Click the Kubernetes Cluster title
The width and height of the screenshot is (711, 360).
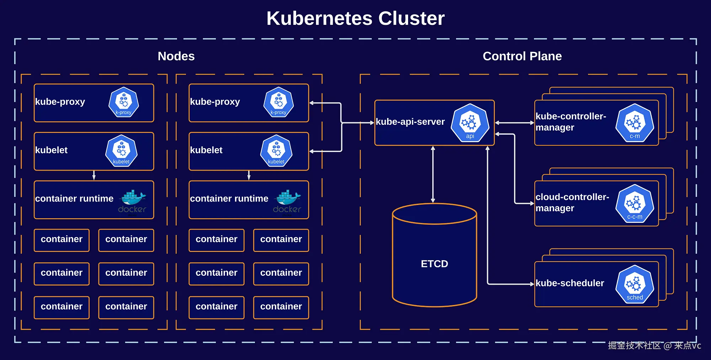[x=355, y=18]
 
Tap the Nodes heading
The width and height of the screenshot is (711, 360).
[x=176, y=56]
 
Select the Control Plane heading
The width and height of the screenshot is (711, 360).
[x=522, y=56]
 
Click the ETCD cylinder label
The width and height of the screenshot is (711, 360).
[x=434, y=264]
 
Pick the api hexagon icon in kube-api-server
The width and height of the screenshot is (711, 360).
[x=470, y=123]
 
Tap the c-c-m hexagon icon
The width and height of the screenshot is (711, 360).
[x=635, y=204]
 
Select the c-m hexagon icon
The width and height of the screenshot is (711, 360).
[x=635, y=123]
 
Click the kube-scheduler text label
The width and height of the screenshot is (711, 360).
[x=570, y=283]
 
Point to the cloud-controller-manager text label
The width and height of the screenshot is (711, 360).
[x=572, y=203]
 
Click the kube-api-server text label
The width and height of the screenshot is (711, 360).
[x=410, y=122]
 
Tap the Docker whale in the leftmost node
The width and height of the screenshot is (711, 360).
[x=133, y=198]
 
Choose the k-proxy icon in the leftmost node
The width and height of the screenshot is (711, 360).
[x=124, y=102]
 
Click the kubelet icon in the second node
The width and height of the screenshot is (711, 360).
[x=276, y=151]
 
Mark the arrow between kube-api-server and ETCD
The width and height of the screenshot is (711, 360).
[x=433, y=174]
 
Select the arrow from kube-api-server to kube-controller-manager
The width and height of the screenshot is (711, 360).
[x=514, y=123]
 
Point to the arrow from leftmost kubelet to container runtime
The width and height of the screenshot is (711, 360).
[x=94, y=175]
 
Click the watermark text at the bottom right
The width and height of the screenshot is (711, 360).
[x=654, y=345]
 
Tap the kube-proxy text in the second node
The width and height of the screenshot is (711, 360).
[x=215, y=102]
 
